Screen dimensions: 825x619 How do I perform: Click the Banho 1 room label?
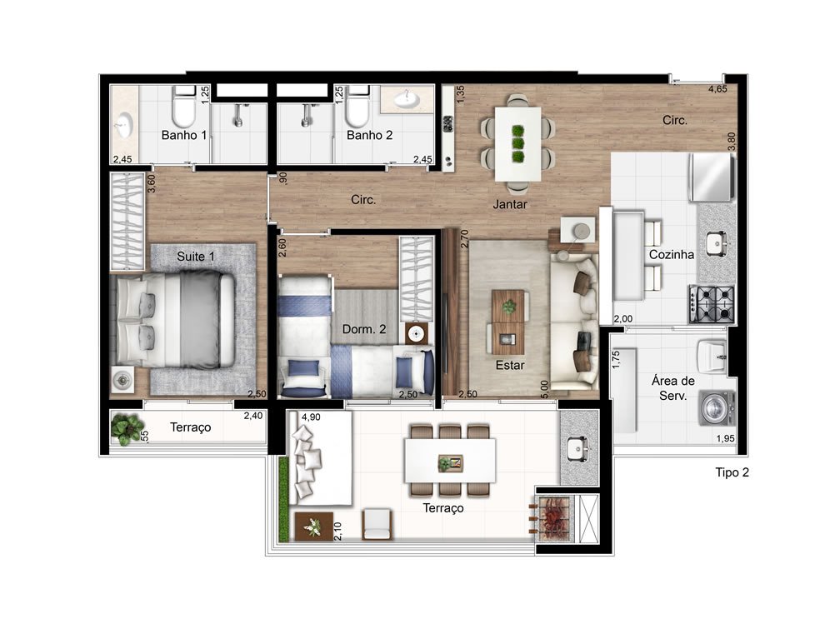[183, 135]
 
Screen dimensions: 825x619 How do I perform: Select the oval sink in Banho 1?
[124, 127]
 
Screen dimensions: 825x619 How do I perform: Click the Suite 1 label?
[195, 257]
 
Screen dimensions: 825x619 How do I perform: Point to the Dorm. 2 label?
[364, 329]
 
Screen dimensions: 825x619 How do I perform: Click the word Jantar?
[509, 205]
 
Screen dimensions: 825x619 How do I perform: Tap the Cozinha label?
[672, 255]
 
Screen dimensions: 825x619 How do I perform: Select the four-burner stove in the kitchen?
[712, 304]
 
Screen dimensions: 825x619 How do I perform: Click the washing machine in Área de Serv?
[717, 408]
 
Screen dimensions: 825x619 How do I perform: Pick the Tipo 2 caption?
[732, 472]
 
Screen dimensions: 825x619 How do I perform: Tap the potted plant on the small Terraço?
[127, 427]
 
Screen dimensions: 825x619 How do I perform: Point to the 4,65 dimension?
[717, 89]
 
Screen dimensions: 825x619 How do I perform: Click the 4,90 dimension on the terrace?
[311, 417]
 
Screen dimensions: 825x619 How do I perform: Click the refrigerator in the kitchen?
[712, 177]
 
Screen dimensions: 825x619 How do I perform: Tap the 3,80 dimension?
[732, 141]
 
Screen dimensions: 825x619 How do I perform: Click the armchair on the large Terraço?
[377, 524]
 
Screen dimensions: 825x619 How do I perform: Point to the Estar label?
[509, 365]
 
